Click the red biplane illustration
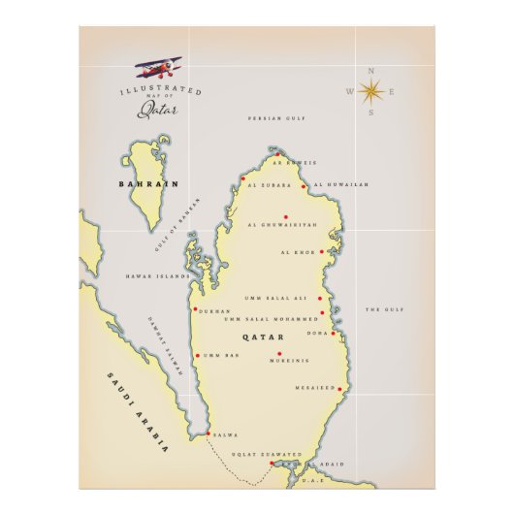pyautogui.click(x=159, y=69)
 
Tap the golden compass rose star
pyautogui.click(x=369, y=92)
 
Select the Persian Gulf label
pyautogui.click(x=276, y=117)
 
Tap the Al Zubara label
pyautogui.click(x=264, y=184)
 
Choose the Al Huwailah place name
pyautogui.click(x=340, y=184)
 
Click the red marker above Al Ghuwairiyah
pyautogui.click(x=285, y=217)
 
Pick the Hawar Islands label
pyautogui.click(x=158, y=276)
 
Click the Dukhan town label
pyautogui.click(x=213, y=311)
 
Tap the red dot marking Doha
pyautogui.click(x=333, y=333)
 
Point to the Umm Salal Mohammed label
pyautogui.click(x=271, y=318)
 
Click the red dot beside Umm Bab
pyautogui.click(x=197, y=356)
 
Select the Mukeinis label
pyautogui.click(x=287, y=362)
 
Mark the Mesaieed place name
pyautogui.click(x=314, y=388)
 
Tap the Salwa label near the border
pyautogui.click(x=225, y=435)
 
